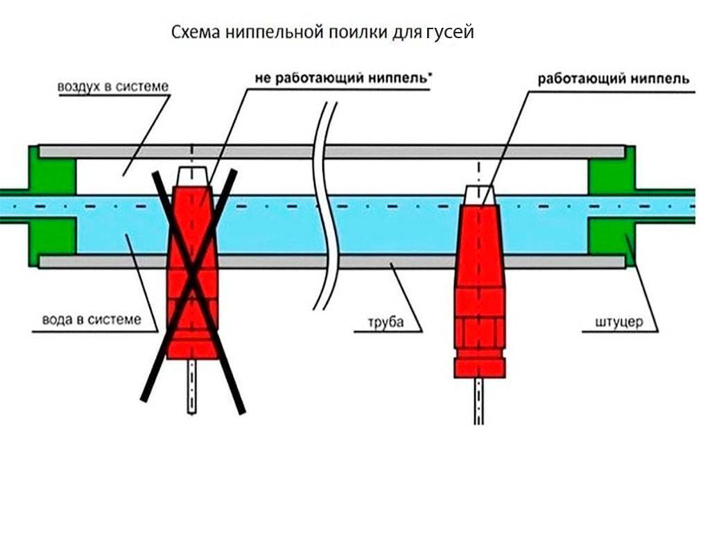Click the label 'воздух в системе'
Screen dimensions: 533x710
click(x=113, y=87)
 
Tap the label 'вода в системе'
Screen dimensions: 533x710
click(x=91, y=320)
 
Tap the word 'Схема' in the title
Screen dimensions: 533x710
click(x=196, y=33)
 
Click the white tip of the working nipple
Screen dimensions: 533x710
click(x=480, y=195)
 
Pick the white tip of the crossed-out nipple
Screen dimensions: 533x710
click(x=192, y=175)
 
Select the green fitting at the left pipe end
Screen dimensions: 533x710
click(x=50, y=207)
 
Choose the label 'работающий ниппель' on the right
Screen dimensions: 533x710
click(x=613, y=78)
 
